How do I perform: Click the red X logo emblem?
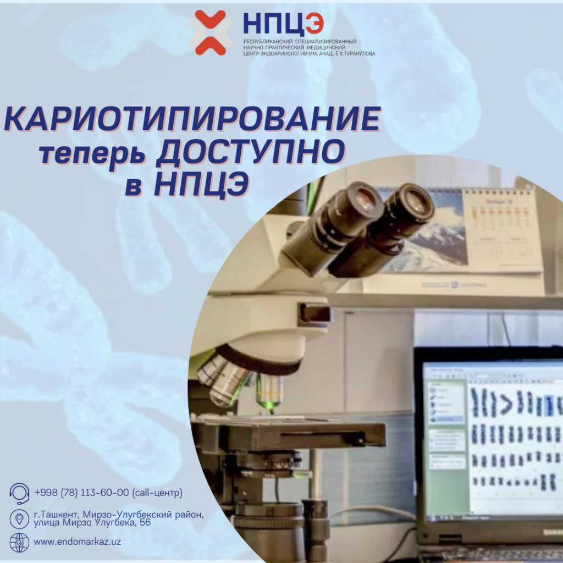[x=207, y=32]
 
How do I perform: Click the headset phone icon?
[x=19, y=493]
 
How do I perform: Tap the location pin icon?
[x=19, y=518]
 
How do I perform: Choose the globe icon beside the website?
[x=19, y=542]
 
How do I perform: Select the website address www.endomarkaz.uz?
[x=78, y=542]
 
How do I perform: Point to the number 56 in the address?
[x=145, y=522]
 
